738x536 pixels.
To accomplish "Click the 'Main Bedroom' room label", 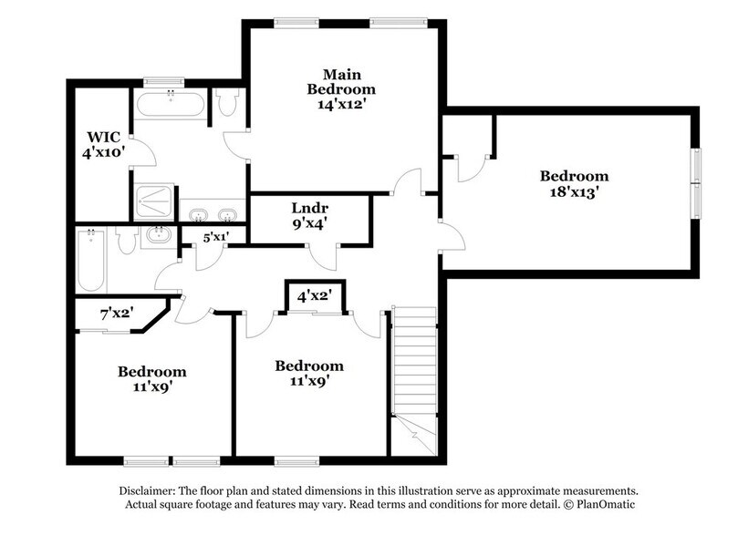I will tap(340, 81).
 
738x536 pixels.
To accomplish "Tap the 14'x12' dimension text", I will tap(340, 104).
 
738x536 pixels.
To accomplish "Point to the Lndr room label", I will tap(309, 207).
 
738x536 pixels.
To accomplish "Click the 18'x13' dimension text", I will tap(573, 192).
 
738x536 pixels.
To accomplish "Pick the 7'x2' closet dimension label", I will tap(117, 313).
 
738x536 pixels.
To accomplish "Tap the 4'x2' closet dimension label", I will tap(314, 295).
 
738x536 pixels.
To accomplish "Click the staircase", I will tap(414, 365).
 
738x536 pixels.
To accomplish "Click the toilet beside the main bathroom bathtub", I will tap(227, 103).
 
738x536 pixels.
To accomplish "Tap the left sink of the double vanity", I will tap(198, 215).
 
